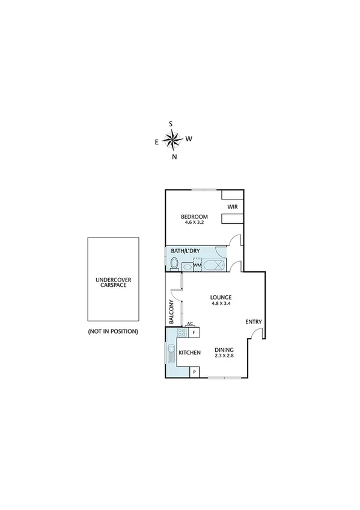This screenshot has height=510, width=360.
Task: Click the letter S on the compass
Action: click(x=171, y=124)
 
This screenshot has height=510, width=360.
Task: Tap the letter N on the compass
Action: click(x=174, y=157)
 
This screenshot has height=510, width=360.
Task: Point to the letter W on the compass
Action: click(x=189, y=138)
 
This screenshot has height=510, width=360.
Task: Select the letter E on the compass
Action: click(x=157, y=143)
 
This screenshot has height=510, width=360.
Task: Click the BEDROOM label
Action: click(x=194, y=217)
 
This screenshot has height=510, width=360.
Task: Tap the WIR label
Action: click(x=233, y=206)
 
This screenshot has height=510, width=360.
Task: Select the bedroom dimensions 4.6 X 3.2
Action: click(x=194, y=223)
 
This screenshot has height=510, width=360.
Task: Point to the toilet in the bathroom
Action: click(x=174, y=263)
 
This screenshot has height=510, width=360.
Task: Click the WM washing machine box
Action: click(x=197, y=265)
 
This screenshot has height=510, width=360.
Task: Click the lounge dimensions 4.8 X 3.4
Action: click(x=221, y=304)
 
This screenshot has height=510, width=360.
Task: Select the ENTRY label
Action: click(x=254, y=322)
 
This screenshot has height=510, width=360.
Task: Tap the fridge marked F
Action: click(x=194, y=333)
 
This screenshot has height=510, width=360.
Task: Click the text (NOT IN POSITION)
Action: click(x=113, y=331)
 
